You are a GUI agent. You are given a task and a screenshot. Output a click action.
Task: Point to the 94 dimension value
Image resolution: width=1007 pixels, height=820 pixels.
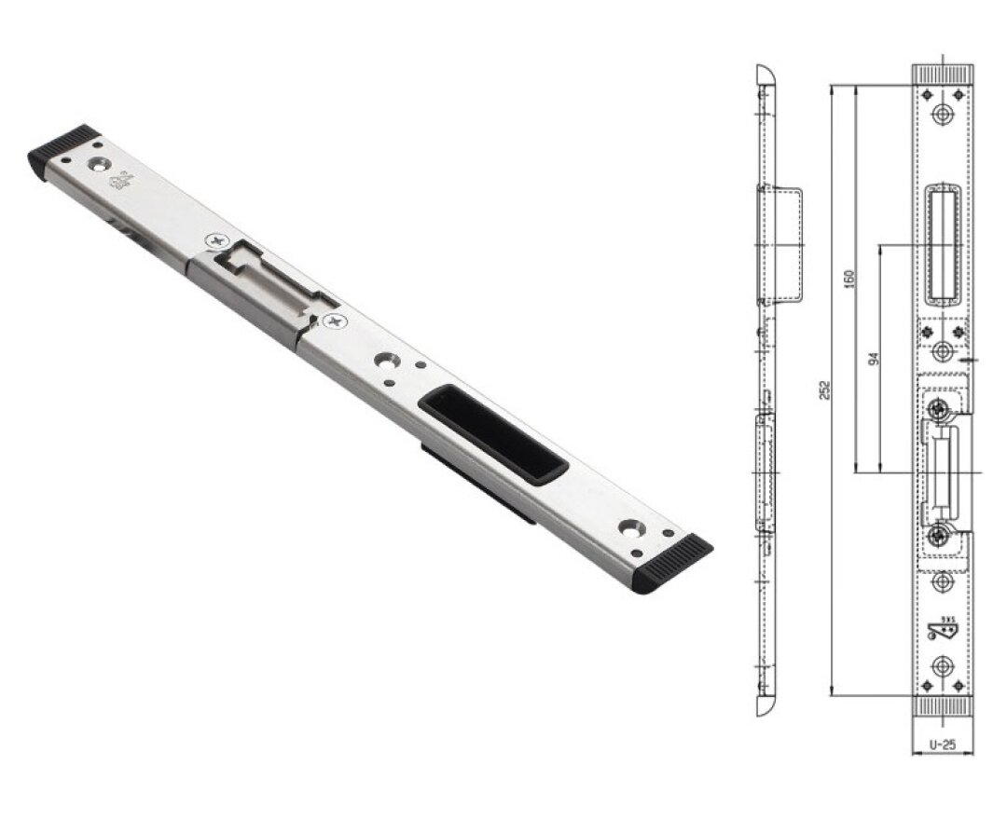click(874, 358)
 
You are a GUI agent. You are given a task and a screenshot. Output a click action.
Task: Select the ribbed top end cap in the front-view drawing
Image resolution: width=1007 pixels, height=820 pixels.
click(943, 74)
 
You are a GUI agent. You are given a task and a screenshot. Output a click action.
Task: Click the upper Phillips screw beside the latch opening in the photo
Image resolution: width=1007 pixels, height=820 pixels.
click(219, 240)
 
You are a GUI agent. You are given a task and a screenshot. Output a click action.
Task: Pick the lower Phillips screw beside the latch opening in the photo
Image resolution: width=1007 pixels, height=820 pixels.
click(334, 321)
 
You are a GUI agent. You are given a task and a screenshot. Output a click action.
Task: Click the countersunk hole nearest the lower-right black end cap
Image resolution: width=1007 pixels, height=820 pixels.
click(632, 527)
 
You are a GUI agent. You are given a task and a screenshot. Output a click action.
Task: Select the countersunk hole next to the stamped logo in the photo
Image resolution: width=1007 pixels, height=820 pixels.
click(95, 164)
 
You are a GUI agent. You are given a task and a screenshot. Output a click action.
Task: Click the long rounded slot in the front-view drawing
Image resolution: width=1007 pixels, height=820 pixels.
click(942, 243)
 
